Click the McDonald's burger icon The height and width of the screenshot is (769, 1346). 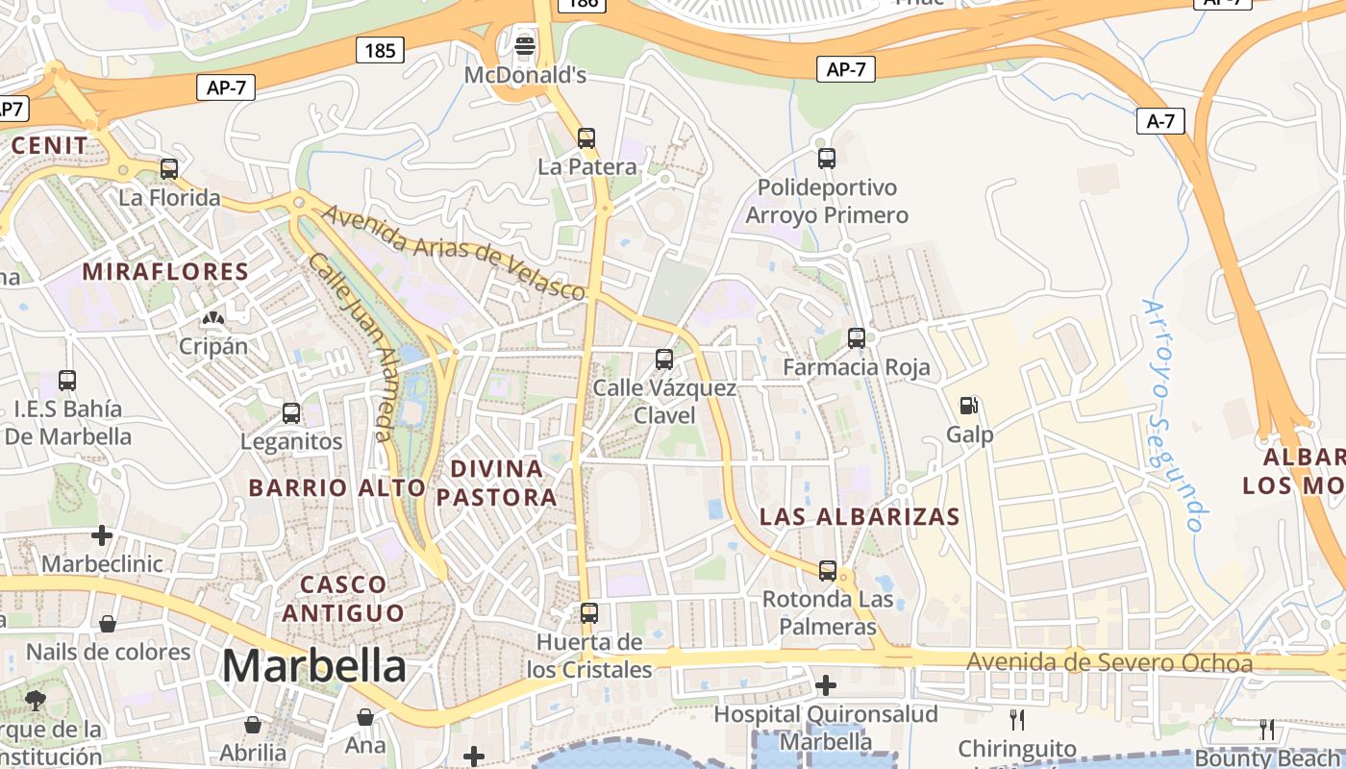525,45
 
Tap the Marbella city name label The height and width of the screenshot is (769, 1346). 313,665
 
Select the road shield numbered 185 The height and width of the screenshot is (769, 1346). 380,50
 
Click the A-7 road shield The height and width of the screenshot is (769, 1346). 1160,121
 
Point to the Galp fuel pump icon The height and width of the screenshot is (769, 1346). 969,407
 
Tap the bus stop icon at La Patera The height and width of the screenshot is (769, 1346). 586,138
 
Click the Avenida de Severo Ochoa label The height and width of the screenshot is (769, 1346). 1109,663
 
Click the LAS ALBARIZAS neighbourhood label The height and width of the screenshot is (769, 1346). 860,516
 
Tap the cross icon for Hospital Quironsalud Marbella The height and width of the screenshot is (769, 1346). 825,685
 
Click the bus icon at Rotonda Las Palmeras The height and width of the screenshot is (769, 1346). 827,571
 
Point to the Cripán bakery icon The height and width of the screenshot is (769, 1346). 212,318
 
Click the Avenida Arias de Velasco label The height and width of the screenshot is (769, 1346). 453,252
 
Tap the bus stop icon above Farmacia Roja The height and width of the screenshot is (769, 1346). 856,338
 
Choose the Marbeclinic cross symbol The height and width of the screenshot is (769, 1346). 102,534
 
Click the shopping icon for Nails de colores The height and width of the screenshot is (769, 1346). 108,624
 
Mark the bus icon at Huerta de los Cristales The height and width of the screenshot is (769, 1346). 588,613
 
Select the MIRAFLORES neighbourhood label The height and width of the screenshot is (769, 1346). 165,272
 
